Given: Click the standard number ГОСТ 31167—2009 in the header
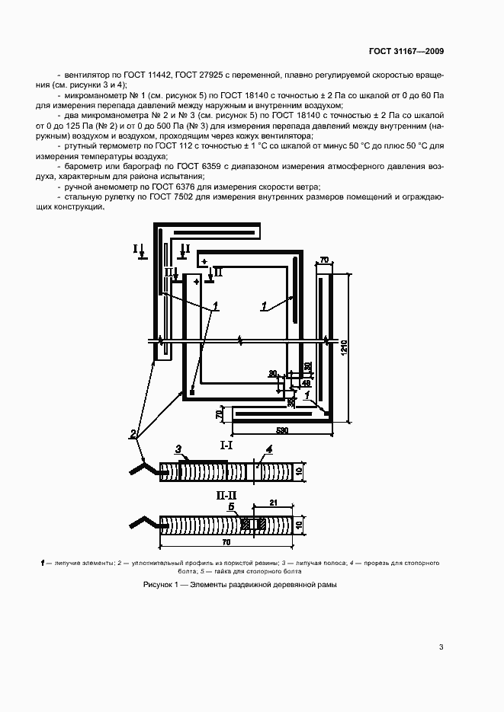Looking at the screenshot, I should (x=406, y=51).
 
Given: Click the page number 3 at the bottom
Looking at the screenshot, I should (x=441, y=647).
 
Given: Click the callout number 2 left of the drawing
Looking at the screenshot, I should (x=133, y=435).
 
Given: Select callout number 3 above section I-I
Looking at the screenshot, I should (x=178, y=449).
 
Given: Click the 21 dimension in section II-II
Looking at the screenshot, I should (x=271, y=501).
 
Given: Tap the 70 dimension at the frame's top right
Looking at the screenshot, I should (x=323, y=260).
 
